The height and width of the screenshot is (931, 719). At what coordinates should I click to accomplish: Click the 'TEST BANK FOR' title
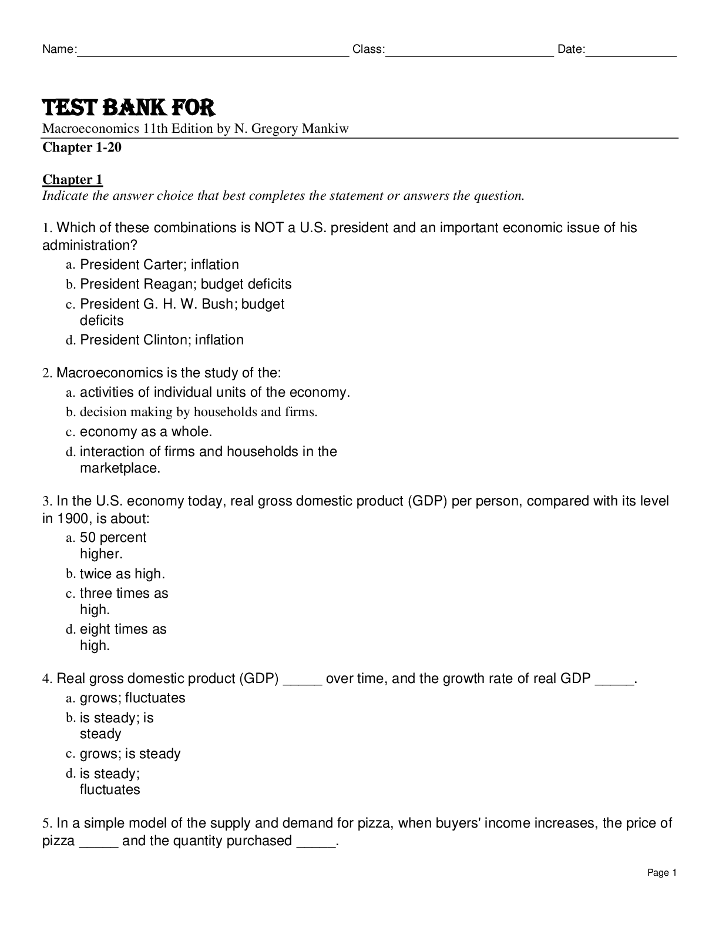pos(129,108)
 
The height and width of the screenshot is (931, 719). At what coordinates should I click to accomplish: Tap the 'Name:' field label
pos(59,49)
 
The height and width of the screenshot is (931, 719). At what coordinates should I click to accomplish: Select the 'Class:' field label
pos(368,49)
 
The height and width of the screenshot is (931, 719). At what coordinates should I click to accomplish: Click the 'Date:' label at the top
pos(571,49)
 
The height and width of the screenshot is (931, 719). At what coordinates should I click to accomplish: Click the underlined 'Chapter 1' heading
pos(72,179)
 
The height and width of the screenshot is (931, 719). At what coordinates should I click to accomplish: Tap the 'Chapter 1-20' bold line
pos(82,147)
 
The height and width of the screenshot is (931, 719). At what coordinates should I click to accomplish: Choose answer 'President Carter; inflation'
pos(159,264)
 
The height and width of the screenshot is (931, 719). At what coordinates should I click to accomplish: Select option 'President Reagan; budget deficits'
pos(186,284)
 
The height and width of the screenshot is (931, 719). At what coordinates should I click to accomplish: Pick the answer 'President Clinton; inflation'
pos(162,340)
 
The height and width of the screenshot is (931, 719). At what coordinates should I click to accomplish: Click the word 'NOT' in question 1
pos(269,227)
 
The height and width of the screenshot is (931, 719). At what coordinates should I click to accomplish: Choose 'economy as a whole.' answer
pos(146,431)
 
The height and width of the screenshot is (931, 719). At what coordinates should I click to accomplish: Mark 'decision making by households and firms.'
pos(199,411)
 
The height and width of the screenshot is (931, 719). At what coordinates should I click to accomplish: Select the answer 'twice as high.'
pos(122,574)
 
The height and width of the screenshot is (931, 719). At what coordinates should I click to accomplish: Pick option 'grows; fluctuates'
pos(132,698)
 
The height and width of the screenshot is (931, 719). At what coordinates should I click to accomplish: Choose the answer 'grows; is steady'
pos(130,753)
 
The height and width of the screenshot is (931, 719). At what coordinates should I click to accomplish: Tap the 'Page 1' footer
pos(662,873)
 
